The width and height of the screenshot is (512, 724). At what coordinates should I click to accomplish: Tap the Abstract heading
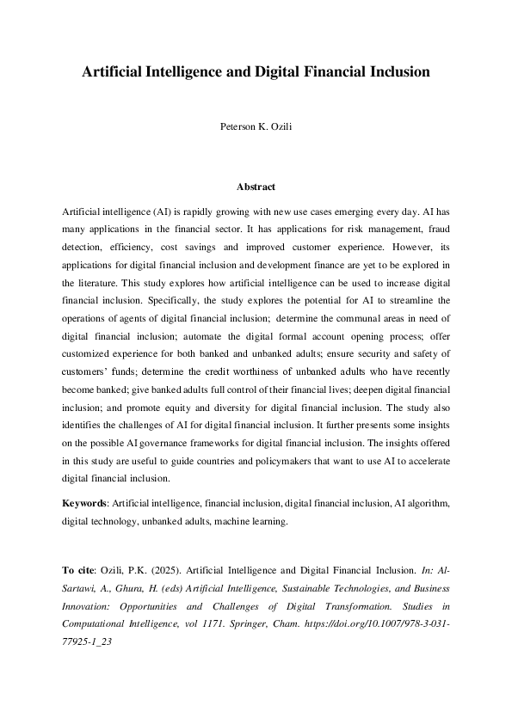coord(256,187)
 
